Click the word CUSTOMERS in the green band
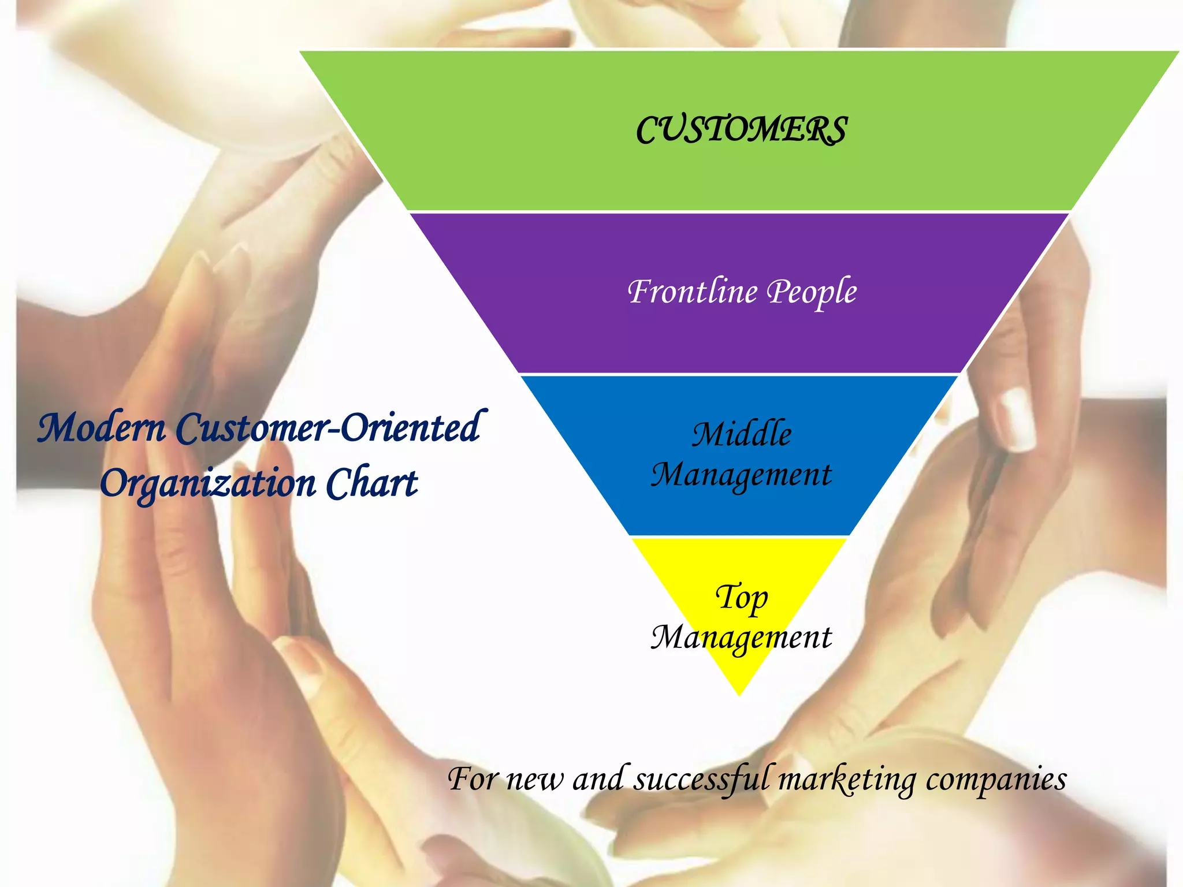pyautogui.click(x=741, y=129)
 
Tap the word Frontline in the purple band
pyautogui.click(x=691, y=291)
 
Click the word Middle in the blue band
pyautogui.click(x=742, y=434)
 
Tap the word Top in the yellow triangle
pyautogui.click(x=742, y=597)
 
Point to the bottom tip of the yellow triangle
pyautogui.click(x=739, y=695)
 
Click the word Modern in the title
pyautogui.click(x=102, y=428)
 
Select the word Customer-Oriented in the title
pyautogui.click(x=328, y=428)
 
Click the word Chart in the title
pyautogui.click(x=371, y=483)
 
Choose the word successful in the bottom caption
pyautogui.click(x=702, y=779)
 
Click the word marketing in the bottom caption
pyautogui.click(x=847, y=779)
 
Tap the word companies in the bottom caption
pyautogui.click(x=996, y=780)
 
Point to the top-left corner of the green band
pyautogui.click(x=300, y=52)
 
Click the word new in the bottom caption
pyautogui.click(x=534, y=780)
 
